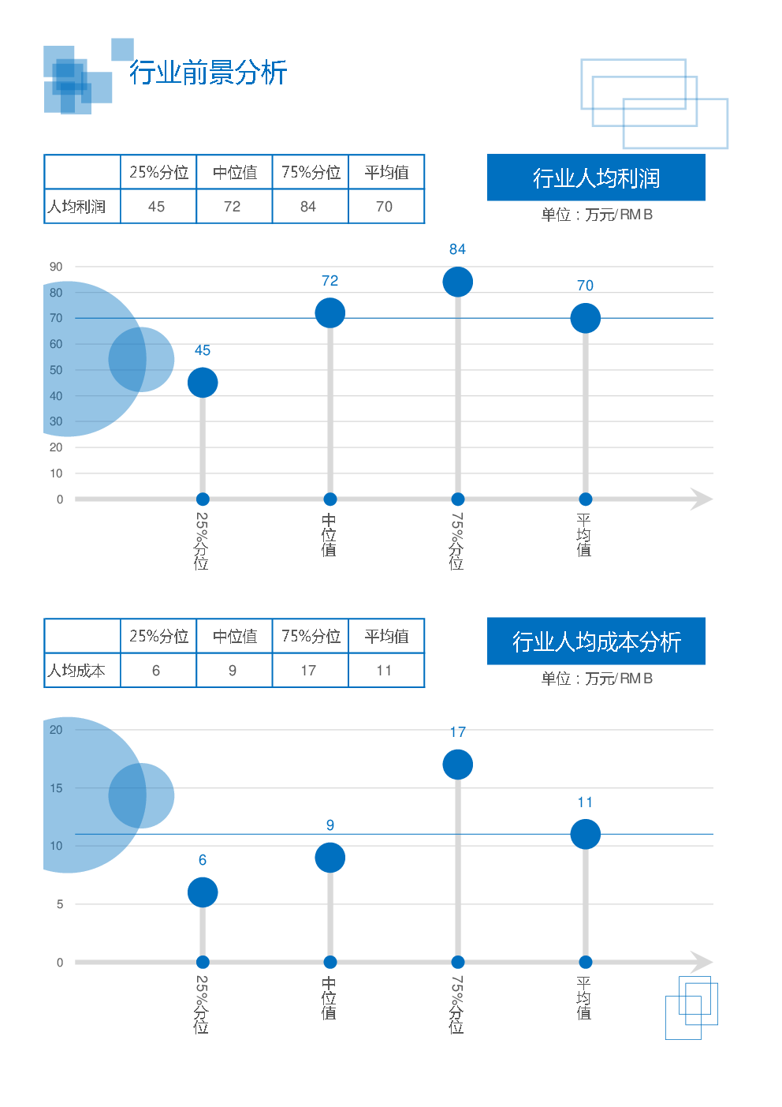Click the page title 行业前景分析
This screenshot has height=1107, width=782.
point(208,73)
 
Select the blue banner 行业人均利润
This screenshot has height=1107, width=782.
point(596,178)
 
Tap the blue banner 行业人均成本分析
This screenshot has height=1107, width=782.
point(596,641)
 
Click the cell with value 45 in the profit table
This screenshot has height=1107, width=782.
point(157,207)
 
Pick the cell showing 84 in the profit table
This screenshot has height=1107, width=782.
point(308,207)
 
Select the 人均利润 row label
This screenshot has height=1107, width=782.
point(76,207)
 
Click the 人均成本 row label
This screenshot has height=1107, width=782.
point(76,671)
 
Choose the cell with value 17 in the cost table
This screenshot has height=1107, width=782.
point(308,671)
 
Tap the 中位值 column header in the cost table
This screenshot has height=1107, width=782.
point(234,636)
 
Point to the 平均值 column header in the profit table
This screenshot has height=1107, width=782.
point(386,172)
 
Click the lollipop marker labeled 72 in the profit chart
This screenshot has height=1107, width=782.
point(330,312)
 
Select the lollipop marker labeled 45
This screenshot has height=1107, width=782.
point(203,383)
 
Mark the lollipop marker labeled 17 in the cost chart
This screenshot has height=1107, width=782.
point(457,765)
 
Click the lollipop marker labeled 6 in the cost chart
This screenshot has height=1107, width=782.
point(203,892)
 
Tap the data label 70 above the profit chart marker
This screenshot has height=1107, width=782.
point(585,286)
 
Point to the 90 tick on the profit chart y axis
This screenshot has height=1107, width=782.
point(56,267)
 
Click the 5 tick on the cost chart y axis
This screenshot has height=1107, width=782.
point(60,904)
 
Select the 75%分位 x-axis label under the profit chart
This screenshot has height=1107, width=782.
point(457,540)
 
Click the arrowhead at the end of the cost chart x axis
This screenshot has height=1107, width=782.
point(701,962)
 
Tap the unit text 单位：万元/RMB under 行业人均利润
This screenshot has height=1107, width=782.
point(597,215)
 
